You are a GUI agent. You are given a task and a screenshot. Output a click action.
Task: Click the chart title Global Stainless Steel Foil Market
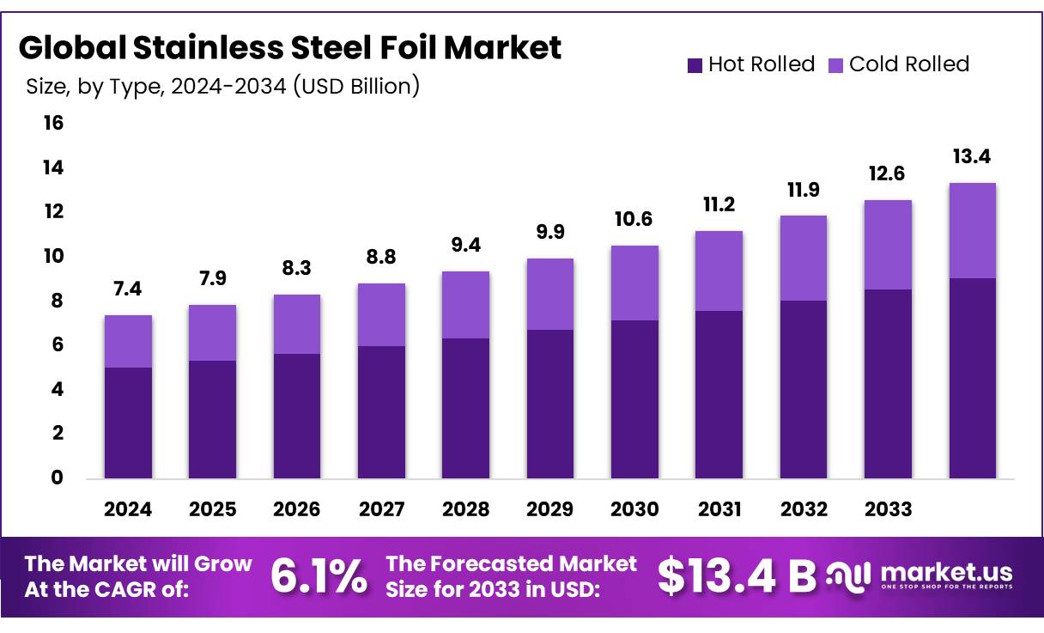click(290, 48)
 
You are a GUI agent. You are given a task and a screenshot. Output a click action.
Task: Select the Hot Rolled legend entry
click(750, 64)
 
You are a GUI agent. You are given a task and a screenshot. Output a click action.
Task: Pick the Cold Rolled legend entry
click(898, 64)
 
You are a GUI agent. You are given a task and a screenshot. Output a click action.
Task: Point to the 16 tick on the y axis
click(53, 123)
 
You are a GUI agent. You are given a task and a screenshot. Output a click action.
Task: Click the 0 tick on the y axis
click(57, 478)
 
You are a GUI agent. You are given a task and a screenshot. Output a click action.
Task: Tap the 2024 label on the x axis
click(128, 509)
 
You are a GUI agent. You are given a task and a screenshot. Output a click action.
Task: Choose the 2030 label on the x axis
click(634, 509)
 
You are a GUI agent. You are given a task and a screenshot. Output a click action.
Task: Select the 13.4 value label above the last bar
click(972, 156)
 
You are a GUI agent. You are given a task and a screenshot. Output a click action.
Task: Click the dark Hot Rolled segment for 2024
click(128, 423)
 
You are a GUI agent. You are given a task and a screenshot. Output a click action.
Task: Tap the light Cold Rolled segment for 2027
click(381, 314)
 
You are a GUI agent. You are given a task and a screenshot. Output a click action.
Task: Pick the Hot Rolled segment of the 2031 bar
click(719, 394)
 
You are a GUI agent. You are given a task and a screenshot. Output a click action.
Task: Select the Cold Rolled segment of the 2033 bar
click(888, 245)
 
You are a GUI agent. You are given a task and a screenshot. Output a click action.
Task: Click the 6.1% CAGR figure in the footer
click(319, 576)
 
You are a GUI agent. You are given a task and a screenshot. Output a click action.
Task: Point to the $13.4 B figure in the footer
click(737, 576)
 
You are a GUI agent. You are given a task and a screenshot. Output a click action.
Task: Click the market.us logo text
click(945, 573)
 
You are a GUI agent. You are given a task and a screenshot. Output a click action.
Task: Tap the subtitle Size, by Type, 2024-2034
click(222, 86)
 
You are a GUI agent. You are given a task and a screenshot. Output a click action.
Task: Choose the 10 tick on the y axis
click(53, 256)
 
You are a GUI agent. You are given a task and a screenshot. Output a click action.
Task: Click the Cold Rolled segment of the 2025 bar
click(212, 332)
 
